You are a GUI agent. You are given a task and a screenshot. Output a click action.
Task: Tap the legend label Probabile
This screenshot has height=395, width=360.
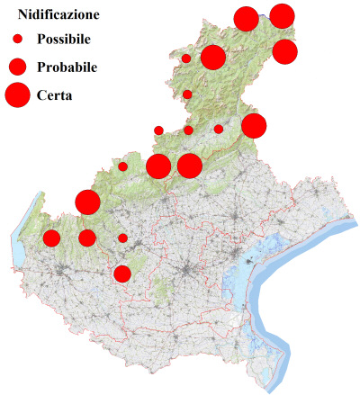(67, 67)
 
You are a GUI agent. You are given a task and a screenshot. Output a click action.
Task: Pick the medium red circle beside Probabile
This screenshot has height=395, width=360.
(17, 67)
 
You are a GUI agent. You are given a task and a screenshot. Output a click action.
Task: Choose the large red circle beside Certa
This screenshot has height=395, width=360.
(17, 94)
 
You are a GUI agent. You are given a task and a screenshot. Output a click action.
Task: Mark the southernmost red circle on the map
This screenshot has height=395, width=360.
(122, 274)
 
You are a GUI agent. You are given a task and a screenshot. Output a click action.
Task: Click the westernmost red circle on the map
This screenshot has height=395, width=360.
(51, 238)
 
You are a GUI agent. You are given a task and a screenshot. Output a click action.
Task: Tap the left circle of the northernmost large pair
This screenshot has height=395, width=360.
(246, 18)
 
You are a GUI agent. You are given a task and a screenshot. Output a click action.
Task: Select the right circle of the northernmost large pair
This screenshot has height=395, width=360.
(282, 15)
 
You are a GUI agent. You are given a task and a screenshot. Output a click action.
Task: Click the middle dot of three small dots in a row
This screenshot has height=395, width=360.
(188, 130)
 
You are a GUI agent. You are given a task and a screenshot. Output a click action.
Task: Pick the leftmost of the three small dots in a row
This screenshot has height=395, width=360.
(158, 130)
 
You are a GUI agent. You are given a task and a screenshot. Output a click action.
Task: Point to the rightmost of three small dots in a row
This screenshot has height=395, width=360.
(219, 130)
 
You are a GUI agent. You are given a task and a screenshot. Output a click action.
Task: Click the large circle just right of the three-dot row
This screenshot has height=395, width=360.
(254, 126)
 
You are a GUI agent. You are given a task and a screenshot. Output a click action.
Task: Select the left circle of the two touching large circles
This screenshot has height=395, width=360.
(158, 166)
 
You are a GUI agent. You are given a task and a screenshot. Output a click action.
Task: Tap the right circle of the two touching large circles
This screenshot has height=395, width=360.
(189, 166)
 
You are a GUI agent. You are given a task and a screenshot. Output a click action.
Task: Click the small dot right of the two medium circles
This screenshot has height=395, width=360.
(122, 238)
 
